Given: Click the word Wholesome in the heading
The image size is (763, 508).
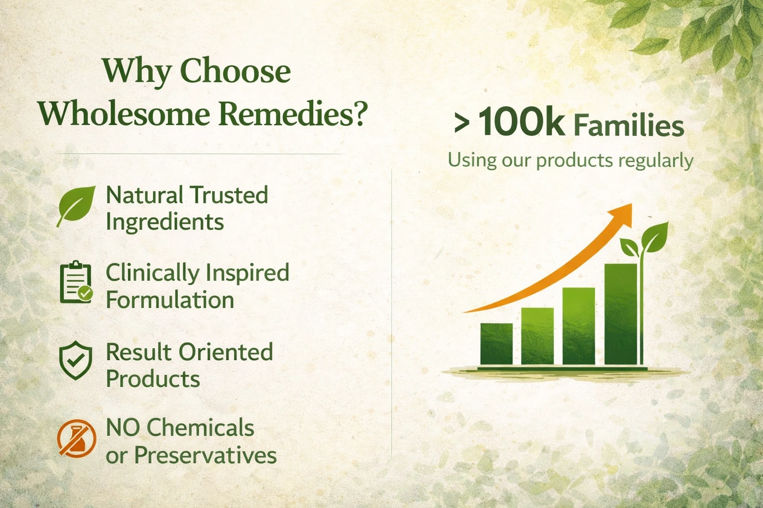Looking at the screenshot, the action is pyautogui.click(x=124, y=113).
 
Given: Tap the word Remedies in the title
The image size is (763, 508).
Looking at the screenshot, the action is pyautogui.click(x=293, y=113).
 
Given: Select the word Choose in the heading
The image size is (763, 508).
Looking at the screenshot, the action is pyautogui.click(x=235, y=71).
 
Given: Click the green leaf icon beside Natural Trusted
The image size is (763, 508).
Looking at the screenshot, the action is pyautogui.click(x=76, y=206).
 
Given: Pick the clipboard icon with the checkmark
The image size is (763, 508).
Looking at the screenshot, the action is pyautogui.click(x=76, y=282).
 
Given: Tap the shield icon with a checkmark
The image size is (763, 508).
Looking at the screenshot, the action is pyautogui.click(x=76, y=361).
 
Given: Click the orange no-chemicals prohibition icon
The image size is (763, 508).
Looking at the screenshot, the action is pyautogui.click(x=76, y=438).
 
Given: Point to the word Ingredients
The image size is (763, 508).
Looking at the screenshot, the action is pyautogui.click(x=165, y=223).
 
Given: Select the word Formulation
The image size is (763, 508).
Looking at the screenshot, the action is pyautogui.click(x=170, y=300).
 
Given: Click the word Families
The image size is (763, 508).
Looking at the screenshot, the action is pyautogui.click(x=629, y=126).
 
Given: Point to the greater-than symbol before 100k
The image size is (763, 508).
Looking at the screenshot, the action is pyautogui.click(x=462, y=124).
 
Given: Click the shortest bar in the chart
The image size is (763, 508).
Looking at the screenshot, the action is pyautogui.click(x=496, y=344).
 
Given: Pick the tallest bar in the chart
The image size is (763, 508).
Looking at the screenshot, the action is pyautogui.click(x=620, y=314).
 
